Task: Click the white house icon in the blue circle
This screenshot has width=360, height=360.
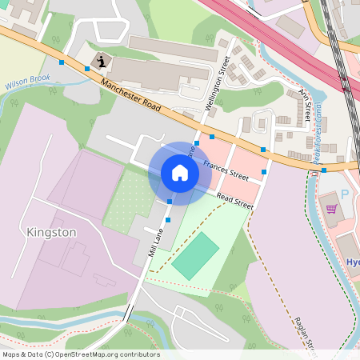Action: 180,173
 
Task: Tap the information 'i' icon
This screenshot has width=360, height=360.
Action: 102,60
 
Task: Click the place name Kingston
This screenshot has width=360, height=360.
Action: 51,232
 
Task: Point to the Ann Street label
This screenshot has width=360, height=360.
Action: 304,105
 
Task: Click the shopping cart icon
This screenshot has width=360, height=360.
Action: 331,210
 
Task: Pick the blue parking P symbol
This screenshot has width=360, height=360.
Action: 345,194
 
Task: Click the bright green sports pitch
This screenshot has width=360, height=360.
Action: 195,255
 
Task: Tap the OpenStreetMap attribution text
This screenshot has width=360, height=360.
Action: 81,354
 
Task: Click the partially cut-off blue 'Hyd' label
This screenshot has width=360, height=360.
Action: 353,262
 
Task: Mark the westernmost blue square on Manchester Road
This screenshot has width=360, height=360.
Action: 62,62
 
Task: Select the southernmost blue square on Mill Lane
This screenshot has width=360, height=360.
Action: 168,218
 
